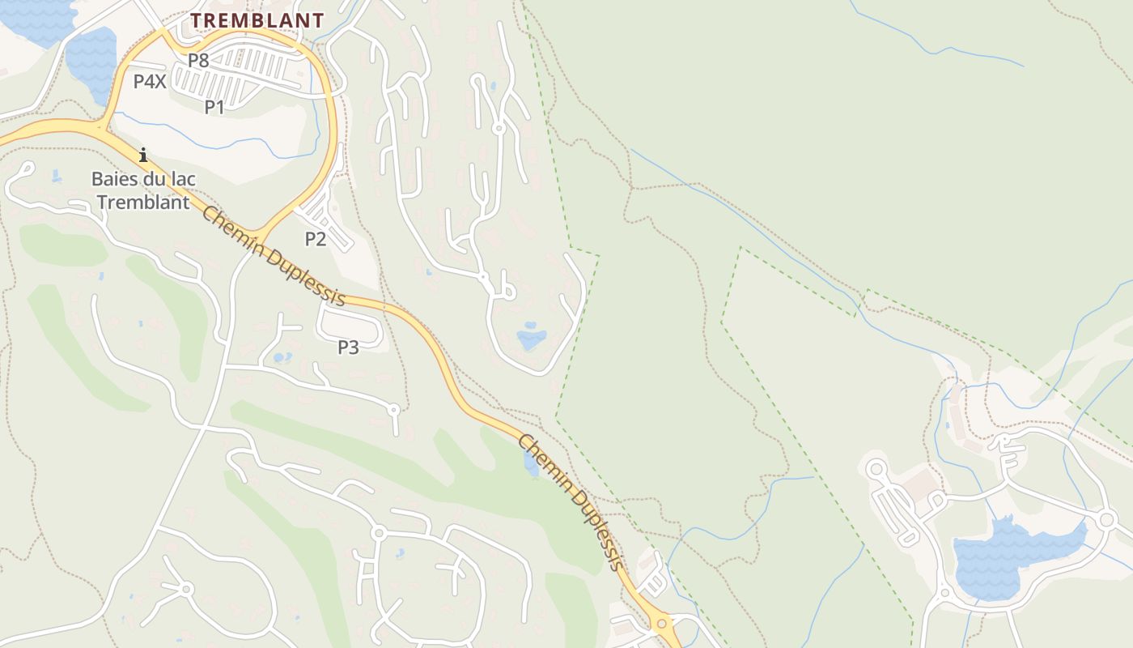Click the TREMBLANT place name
click(x=257, y=21)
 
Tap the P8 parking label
click(x=198, y=60)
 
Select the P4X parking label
click(x=150, y=81)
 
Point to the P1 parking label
click(x=214, y=106)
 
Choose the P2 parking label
click(x=316, y=238)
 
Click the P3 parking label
click(x=348, y=347)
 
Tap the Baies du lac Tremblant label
click(x=143, y=190)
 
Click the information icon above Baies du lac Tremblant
click(x=143, y=155)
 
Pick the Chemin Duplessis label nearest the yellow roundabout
click(x=572, y=502)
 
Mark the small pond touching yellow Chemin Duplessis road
click(x=531, y=464)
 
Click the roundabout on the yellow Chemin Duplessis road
click(x=662, y=623)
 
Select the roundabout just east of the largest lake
click(x=1106, y=519)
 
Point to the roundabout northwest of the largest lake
click(x=875, y=467)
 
